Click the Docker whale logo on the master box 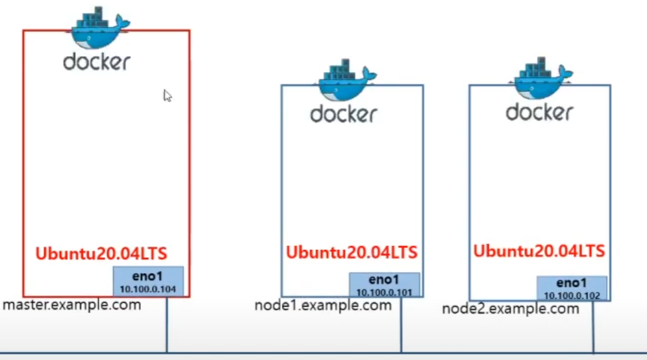[x=96, y=28]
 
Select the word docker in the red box [x=97, y=62]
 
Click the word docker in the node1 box [x=344, y=114]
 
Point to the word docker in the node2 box [x=539, y=112]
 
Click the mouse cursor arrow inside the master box [x=167, y=95]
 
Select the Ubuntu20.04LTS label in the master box [x=101, y=253]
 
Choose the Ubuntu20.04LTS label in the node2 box [x=539, y=251]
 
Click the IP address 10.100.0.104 [x=148, y=290]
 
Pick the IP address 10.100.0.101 [x=384, y=292]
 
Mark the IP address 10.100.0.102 [x=572, y=296]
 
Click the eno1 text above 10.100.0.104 [x=148, y=277]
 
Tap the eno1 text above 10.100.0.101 [x=384, y=280]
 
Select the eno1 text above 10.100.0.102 [x=572, y=283]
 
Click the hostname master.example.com [x=71, y=305]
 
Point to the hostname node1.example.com [x=323, y=305]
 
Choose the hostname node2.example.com [x=511, y=308]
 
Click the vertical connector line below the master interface [x=167, y=325]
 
